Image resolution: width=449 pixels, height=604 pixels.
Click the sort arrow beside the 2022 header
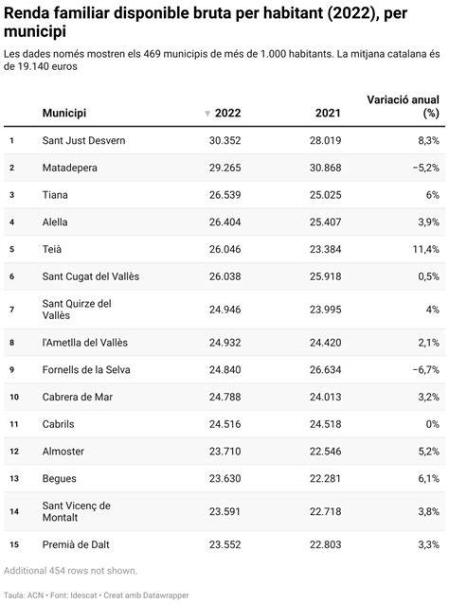pos(207,115)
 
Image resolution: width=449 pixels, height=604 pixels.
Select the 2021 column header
pos(327,114)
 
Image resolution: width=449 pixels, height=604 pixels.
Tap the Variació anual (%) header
pos(403,106)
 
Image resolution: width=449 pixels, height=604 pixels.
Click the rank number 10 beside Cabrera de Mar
pos(12,397)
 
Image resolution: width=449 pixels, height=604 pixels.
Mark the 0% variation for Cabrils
pos(431,424)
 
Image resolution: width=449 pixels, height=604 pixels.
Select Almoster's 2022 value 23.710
pos(224,452)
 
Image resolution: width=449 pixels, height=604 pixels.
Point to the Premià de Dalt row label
pos(81,544)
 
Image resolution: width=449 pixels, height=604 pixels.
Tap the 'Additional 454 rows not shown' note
pos(71,570)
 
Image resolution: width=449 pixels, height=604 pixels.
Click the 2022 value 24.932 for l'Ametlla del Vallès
pos(224,342)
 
